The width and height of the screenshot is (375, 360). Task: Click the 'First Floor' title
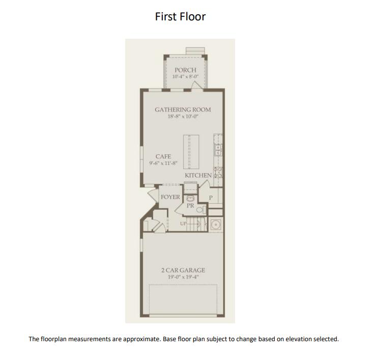[180, 16]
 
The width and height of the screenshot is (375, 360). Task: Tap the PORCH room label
[185, 70]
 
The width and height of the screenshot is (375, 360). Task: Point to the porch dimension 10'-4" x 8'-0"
[185, 77]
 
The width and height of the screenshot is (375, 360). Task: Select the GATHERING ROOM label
[183, 109]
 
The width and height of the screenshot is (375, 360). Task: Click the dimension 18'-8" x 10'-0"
[183, 117]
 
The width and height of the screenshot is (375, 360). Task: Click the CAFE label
[163, 156]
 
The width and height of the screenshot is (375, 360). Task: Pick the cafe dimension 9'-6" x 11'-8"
[163, 163]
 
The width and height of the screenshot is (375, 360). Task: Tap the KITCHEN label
[198, 175]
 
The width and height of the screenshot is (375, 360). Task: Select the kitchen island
[188, 151]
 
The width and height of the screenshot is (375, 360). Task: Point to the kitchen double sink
[218, 150]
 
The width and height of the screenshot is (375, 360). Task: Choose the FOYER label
[170, 197]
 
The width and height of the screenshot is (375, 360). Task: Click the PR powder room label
[190, 206]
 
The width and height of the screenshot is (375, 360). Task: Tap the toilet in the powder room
[200, 209]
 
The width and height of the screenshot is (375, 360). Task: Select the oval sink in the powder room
[190, 199]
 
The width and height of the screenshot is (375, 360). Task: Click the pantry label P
[211, 197]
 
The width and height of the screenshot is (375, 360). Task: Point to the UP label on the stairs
[184, 224]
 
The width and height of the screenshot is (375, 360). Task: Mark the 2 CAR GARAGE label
[183, 270]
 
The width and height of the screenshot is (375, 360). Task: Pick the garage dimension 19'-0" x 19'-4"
[183, 278]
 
